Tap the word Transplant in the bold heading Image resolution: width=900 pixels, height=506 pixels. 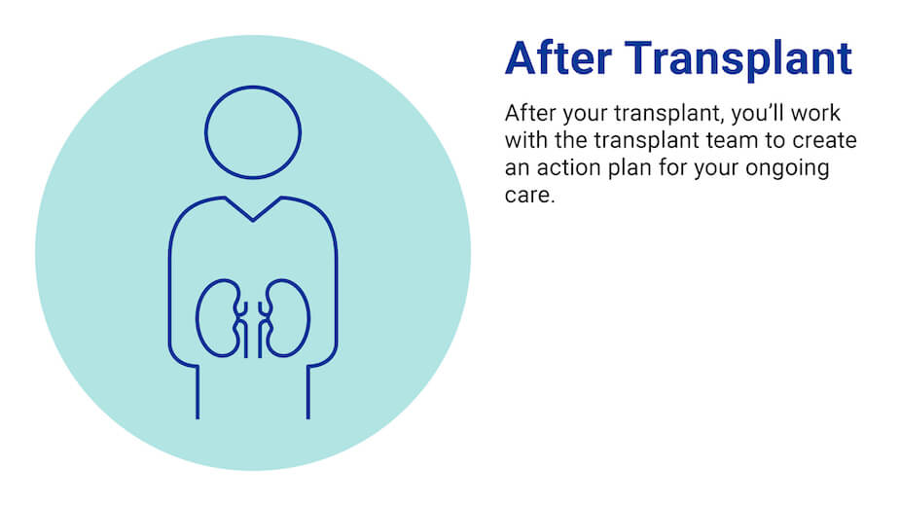click(x=737, y=59)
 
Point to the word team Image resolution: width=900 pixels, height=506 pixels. click(x=739, y=140)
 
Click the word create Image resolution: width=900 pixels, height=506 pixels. click(x=827, y=140)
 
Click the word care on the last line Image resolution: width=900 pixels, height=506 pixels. click(x=525, y=195)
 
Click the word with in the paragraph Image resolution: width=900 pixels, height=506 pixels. click(x=522, y=140)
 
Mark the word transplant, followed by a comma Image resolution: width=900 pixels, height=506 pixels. click(x=670, y=113)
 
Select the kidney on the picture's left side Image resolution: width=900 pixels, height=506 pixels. click(x=218, y=318)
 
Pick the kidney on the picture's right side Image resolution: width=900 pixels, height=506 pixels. click(x=288, y=318)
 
